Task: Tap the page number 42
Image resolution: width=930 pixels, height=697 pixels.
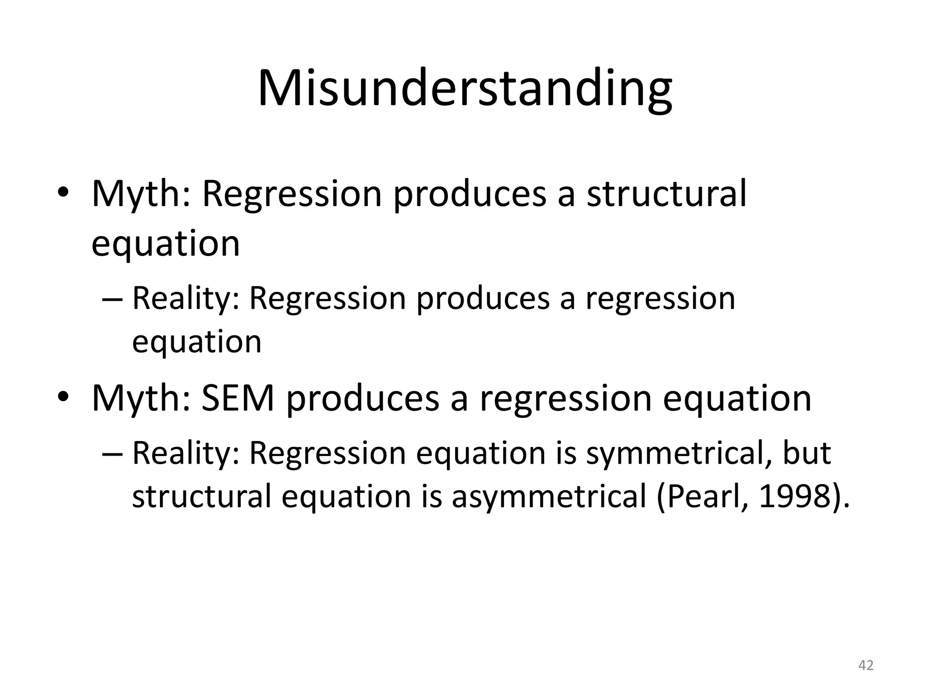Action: [x=866, y=665]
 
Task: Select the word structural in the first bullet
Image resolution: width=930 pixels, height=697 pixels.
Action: [x=666, y=194]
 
